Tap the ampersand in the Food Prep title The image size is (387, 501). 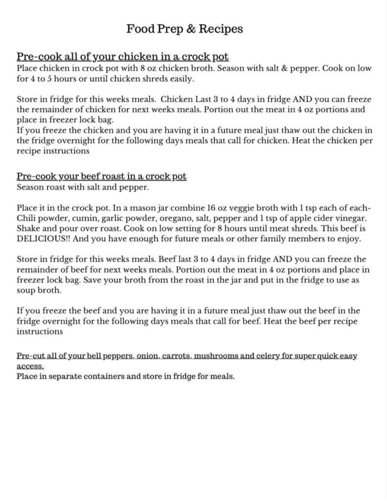[191, 29]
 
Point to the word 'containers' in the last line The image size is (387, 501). [91, 377]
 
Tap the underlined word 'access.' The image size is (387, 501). [30, 366]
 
